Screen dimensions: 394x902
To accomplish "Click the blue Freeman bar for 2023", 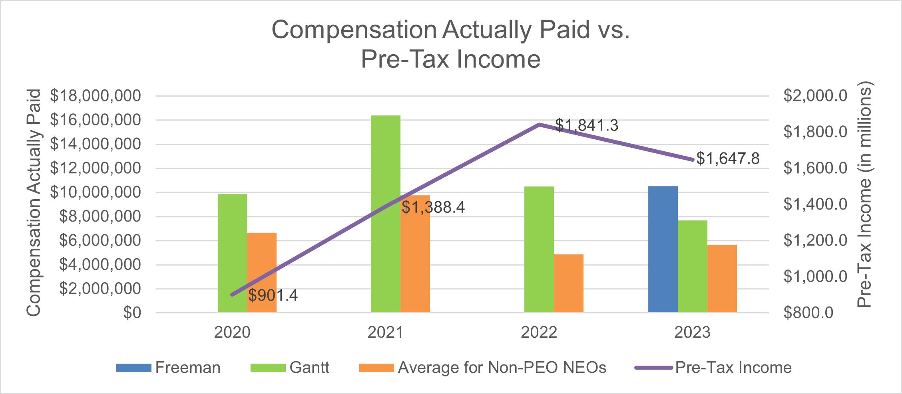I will click(663, 249).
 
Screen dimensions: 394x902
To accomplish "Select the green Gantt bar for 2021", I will click(385, 214).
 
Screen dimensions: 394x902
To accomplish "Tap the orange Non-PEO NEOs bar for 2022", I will click(568, 283).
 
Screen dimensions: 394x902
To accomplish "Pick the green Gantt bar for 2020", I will click(232, 253).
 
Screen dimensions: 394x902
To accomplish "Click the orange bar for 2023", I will click(722, 278).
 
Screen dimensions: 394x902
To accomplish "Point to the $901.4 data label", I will click(273, 296).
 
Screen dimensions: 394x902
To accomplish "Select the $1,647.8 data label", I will click(728, 158).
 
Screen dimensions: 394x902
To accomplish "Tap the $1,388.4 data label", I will click(433, 208).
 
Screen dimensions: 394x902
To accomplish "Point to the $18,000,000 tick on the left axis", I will click(95, 96).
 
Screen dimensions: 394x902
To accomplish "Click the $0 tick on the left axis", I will click(131, 313).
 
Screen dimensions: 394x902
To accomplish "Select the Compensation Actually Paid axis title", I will click(34, 203).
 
